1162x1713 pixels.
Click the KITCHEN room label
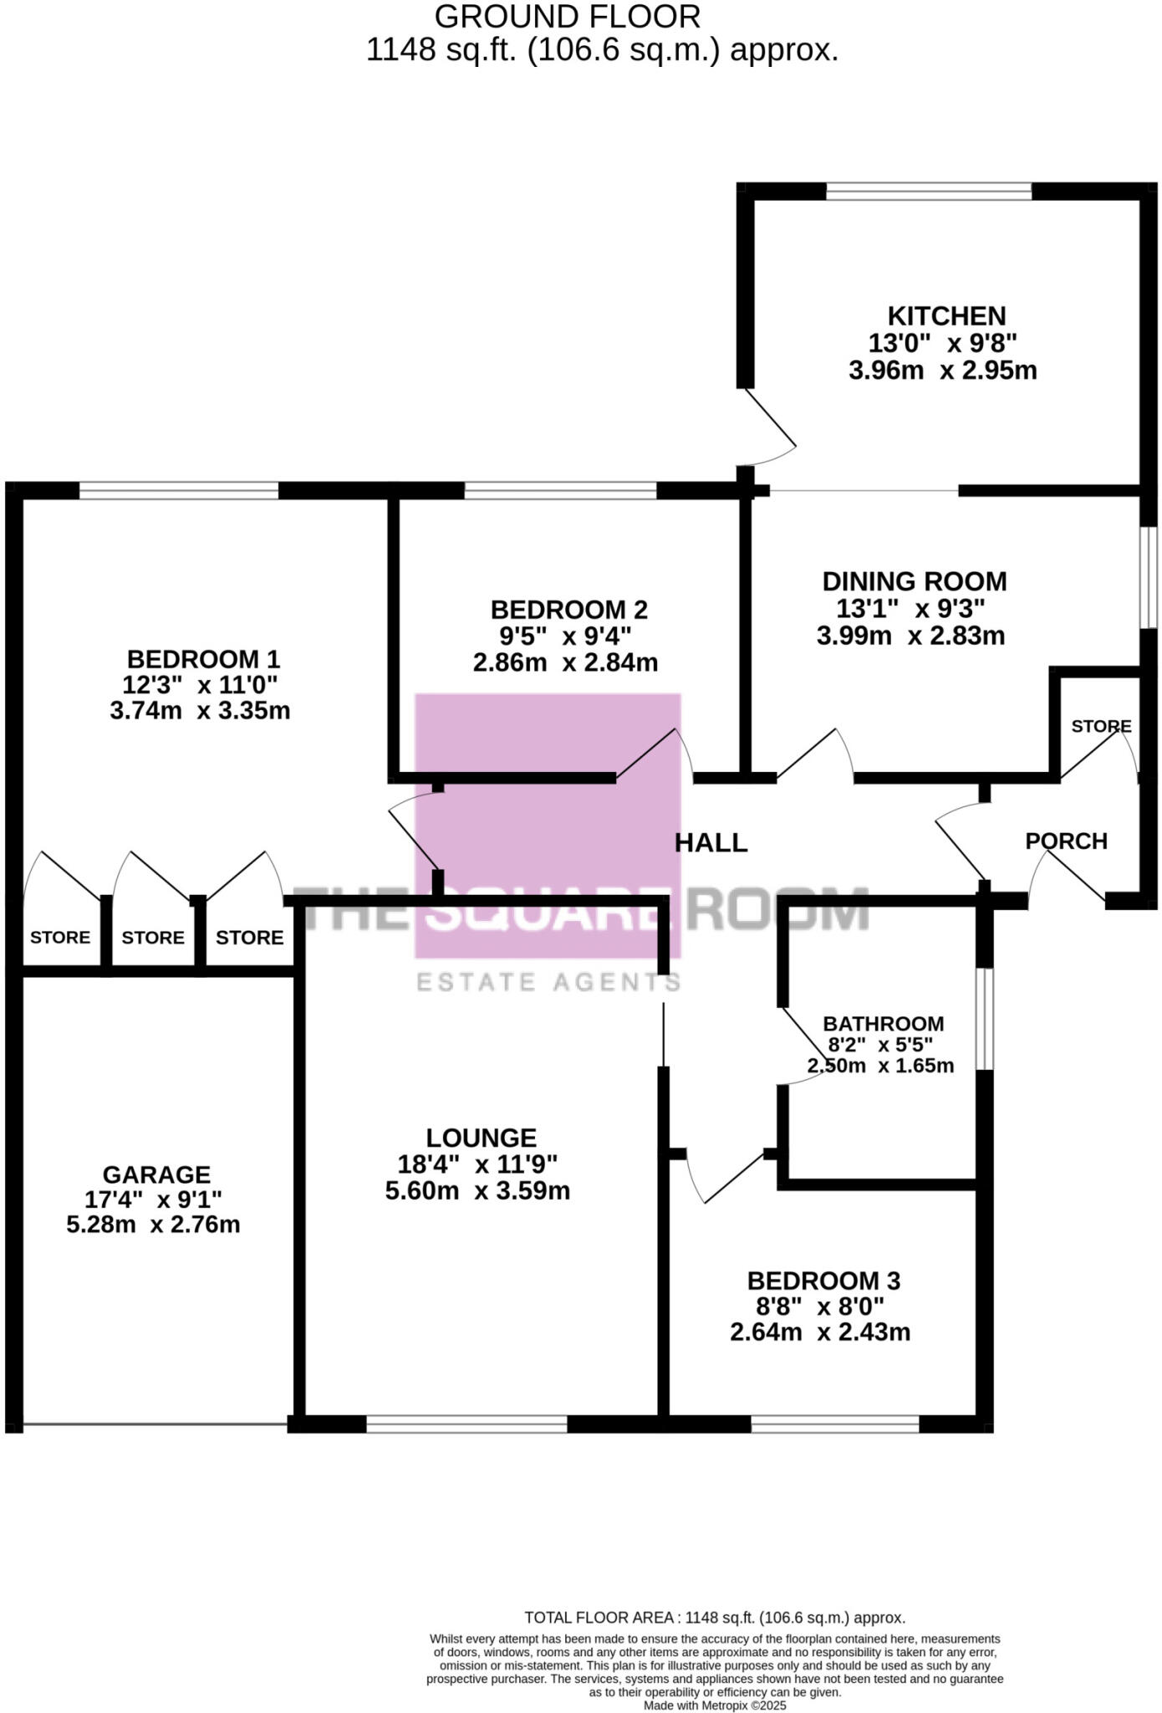coord(946,316)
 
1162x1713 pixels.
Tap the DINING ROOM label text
coord(914,581)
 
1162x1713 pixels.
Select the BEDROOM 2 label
coord(568,609)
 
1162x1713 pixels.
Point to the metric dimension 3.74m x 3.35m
coord(200,711)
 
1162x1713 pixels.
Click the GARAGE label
coord(156,1174)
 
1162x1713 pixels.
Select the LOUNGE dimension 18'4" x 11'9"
coord(477,1163)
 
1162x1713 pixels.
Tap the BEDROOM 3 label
coord(823,1281)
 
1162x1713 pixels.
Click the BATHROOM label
coord(883,1024)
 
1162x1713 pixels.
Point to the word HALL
coord(711,842)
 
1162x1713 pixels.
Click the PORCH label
coord(1066,841)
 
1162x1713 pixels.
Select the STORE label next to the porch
coord(1101,726)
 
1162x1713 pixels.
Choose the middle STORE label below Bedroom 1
coord(153,938)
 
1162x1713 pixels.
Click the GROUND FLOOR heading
coord(567,17)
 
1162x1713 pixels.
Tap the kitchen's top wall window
coord(928,192)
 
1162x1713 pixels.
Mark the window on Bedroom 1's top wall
coord(178,491)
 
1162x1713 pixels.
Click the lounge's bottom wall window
coord(466,1424)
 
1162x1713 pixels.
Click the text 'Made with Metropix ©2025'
coord(715,1705)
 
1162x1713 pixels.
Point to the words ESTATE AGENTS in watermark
coord(548,981)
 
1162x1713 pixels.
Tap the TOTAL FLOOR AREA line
coord(715,1618)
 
